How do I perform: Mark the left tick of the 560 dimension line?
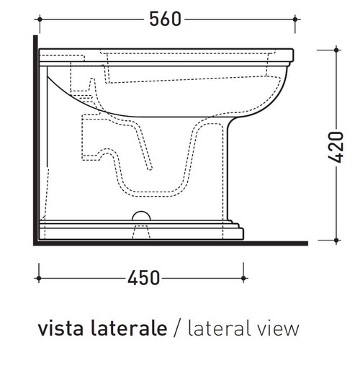tap(37, 20)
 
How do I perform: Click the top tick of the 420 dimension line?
tap(335, 48)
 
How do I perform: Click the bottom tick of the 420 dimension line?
tap(335, 241)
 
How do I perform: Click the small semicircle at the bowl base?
tap(141, 215)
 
